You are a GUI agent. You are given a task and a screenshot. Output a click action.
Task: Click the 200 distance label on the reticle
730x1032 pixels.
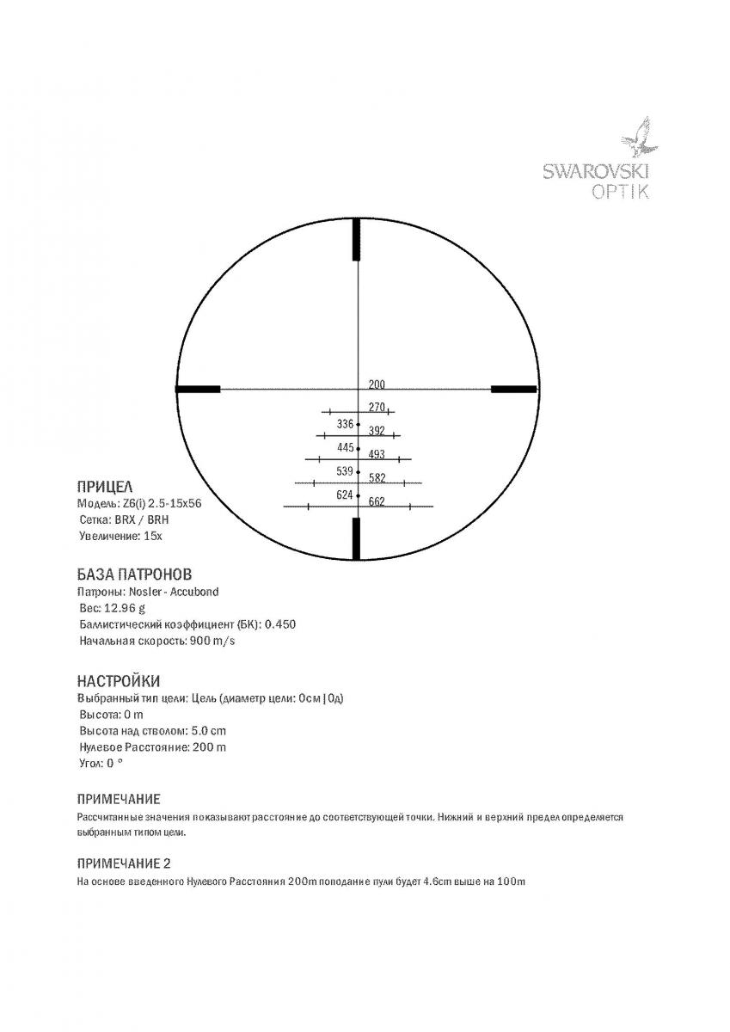pos(377,384)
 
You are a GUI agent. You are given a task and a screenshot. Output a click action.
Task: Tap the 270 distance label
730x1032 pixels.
pos(377,408)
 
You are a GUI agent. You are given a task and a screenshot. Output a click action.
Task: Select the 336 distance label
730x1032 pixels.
pos(346,424)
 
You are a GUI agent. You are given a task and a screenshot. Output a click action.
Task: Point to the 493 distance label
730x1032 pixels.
pos(377,455)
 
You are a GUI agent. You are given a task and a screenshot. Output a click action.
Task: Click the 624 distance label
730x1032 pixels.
pos(345,495)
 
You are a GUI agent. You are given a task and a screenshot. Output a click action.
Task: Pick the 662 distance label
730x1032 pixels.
pos(377,502)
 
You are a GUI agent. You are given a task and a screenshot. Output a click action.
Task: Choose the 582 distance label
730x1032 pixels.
pos(377,478)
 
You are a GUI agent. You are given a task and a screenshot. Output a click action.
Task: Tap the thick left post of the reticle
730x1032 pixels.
pos(198,390)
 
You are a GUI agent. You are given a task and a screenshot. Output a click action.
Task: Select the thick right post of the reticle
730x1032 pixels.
pos(513,390)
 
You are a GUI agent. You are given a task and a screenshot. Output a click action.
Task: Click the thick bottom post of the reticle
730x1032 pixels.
pos(357,538)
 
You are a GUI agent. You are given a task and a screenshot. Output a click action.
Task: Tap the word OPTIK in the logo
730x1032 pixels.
pos(621,192)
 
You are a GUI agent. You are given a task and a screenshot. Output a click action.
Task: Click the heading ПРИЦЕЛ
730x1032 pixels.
pos(104,487)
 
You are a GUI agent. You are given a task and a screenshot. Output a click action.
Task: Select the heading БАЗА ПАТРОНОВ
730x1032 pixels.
pos(134,574)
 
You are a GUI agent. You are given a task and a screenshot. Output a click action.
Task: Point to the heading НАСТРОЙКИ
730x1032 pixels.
pos(119,681)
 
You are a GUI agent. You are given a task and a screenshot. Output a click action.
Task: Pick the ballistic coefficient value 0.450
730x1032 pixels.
pos(279,624)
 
